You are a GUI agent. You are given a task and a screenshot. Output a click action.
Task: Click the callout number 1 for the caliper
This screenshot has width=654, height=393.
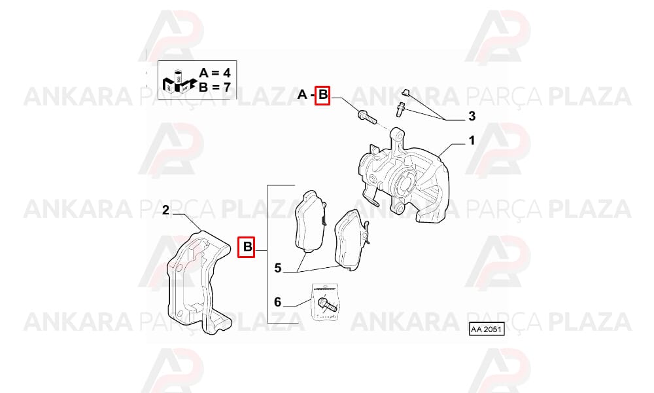pyautogui.click(x=472, y=141)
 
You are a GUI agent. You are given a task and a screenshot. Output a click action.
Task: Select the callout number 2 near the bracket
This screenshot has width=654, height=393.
pyautogui.click(x=166, y=210)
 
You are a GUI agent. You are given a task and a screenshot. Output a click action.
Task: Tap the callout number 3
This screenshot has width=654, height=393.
pyautogui.click(x=472, y=116)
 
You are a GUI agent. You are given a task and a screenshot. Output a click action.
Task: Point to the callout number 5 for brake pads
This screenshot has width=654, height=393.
pyautogui.click(x=278, y=268)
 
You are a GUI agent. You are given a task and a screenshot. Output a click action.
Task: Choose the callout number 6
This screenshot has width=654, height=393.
pyautogui.click(x=278, y=301)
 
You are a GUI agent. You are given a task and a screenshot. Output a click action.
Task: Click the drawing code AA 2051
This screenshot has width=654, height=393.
pyautogui.click(x=487, y=329)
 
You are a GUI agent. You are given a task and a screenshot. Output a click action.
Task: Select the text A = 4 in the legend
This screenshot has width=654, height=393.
pyautogui.click(x=215, y=73)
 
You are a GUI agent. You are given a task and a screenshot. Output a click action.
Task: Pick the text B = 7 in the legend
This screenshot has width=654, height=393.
pyautogui.click(x=215, y=87)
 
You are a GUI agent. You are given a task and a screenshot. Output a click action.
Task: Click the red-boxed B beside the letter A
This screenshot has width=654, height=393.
pyautogui.click(x=322, y=95)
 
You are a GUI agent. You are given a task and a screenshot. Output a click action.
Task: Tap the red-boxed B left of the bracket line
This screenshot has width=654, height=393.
pyautogui.click(x=246, y=247)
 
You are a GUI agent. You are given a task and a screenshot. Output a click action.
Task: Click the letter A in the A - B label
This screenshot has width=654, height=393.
pyautogui.click(x=302, y=95)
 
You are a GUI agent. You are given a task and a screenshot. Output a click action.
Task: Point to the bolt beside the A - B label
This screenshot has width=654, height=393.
pyautogui.click(x=367, y=116)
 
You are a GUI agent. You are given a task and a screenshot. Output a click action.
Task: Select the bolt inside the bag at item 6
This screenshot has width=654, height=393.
pyautogui.click(x=327, y=305)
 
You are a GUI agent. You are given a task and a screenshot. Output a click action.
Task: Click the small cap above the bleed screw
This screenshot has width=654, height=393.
pyautogui.click(x=405, y=92)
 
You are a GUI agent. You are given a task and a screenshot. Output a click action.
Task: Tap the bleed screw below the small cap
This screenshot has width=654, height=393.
pyautogui.click(x=401, y=110)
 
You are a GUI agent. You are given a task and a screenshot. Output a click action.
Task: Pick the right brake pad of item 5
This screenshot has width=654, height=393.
pyautogui.click(x=352, y=240)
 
